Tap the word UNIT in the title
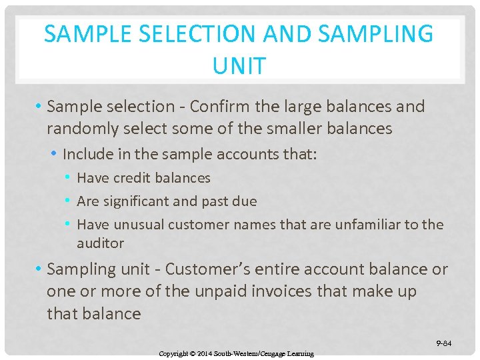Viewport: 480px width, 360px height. (x=239, y=66)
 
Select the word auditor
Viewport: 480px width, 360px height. (x=101, y=243)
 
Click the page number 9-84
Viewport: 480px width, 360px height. (x=444, y=343)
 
